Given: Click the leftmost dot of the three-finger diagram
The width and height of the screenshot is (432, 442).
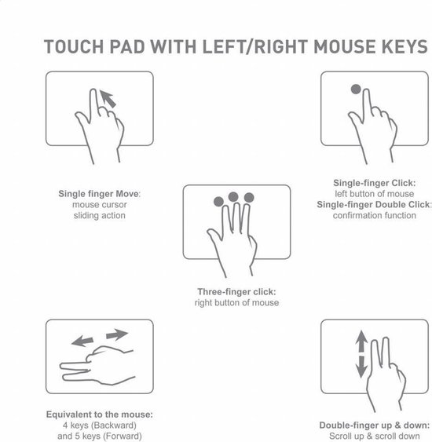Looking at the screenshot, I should tap(218, 201).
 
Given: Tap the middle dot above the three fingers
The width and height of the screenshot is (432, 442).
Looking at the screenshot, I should tap(233, 195).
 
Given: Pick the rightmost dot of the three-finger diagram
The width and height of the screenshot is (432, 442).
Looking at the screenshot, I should tap(250, 198).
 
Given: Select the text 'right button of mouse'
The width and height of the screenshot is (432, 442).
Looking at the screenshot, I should tap(236, 302).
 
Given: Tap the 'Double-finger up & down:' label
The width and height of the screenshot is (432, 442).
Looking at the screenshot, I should tap(374, 425).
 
